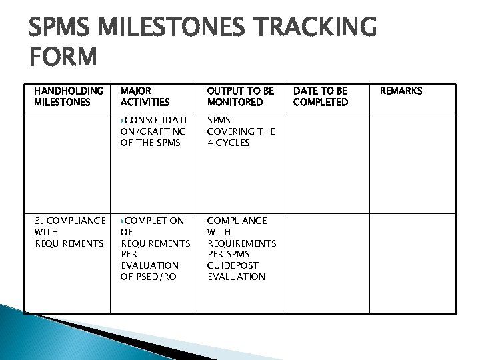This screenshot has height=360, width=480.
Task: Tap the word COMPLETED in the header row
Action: click(321, 102)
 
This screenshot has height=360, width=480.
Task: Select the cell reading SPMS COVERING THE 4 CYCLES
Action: click(241, 131)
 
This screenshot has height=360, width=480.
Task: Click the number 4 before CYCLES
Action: click(211, 143)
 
